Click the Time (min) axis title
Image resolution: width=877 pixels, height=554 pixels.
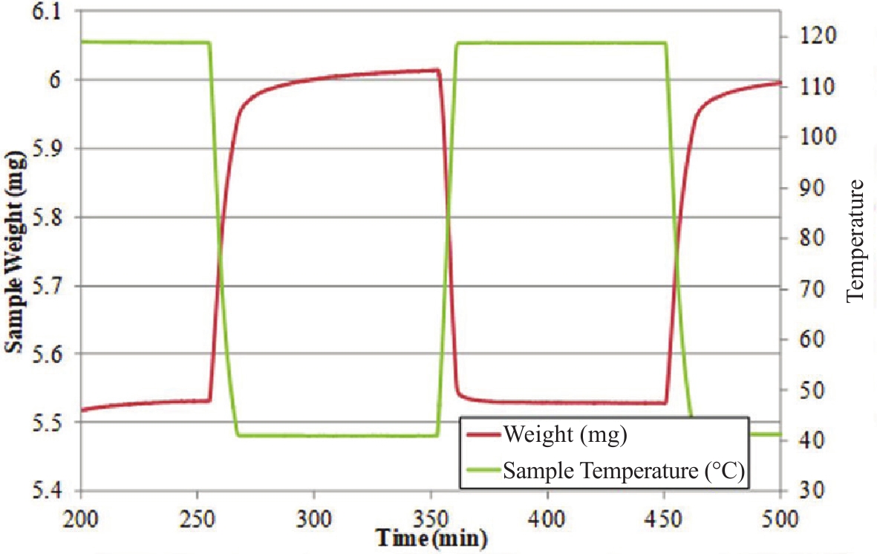431,538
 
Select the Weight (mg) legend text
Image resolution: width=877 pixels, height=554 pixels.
564,434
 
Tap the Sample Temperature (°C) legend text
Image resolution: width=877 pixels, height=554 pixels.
624,470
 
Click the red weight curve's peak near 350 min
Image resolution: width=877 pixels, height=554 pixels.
437,70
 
